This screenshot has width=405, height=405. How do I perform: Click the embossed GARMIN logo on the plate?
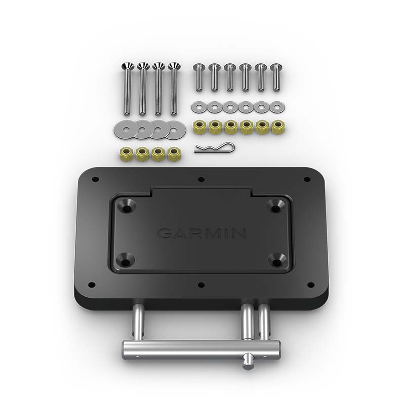201,233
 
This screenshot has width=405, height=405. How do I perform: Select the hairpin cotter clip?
215,148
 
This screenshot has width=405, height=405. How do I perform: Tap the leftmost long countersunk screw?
128,89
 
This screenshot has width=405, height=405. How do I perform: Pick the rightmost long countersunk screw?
174,89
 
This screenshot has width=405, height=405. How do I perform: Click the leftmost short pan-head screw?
199,77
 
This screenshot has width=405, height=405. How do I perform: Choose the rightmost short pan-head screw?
276,77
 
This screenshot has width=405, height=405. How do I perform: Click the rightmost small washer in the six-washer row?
277,107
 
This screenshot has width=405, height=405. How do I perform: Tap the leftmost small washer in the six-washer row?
199,107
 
